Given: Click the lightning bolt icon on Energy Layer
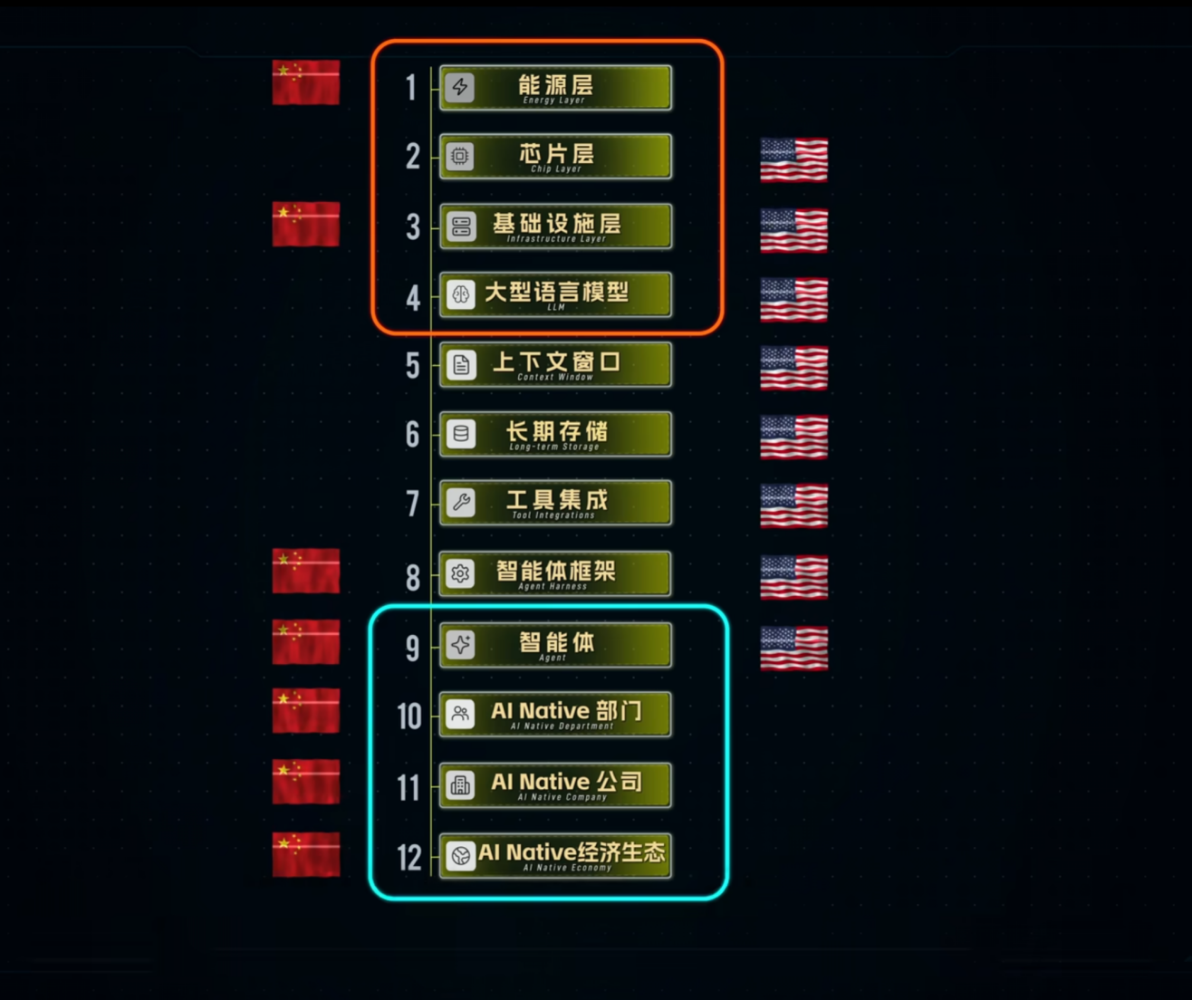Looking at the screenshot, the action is coord(459,87).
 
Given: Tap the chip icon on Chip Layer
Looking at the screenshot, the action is coord(459,156).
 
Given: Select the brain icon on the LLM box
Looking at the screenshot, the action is coord(461,294).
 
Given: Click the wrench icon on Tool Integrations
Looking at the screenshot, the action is coord(461,503).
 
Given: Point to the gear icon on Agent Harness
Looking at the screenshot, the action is coord(460,572).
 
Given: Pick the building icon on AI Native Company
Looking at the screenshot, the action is coord(460,784).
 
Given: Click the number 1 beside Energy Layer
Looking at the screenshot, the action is coord(410,88).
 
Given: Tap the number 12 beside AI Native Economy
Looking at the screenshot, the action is coord(409,858).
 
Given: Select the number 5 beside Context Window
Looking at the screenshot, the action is coord(413,366).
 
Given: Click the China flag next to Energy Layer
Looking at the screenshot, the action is coord(306,82).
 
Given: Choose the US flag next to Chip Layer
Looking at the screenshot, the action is coord(794,160).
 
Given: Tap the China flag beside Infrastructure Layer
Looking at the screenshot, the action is coord(306,224).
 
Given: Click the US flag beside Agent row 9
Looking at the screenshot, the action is coord(794,649).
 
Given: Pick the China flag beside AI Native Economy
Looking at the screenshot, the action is coord(306,854).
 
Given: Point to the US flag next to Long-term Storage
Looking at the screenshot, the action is coord(794,437).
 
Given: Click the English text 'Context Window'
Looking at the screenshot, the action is coord(555,377).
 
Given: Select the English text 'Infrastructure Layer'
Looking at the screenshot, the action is coord(557,239).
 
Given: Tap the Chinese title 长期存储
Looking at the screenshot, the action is coord(557,430).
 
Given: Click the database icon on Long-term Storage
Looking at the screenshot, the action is coord(461,434).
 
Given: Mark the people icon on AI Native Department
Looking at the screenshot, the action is coord(460,713).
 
